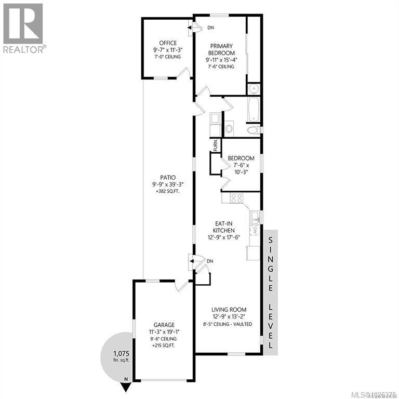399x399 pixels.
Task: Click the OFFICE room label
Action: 168,43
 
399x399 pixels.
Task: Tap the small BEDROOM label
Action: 241,158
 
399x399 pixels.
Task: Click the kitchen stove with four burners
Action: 237,197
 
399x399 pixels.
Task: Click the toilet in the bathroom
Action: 252,130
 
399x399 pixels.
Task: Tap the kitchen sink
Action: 255,215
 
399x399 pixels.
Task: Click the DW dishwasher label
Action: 255,229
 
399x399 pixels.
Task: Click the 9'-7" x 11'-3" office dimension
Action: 168,50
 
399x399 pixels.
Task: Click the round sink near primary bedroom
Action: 254,87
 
